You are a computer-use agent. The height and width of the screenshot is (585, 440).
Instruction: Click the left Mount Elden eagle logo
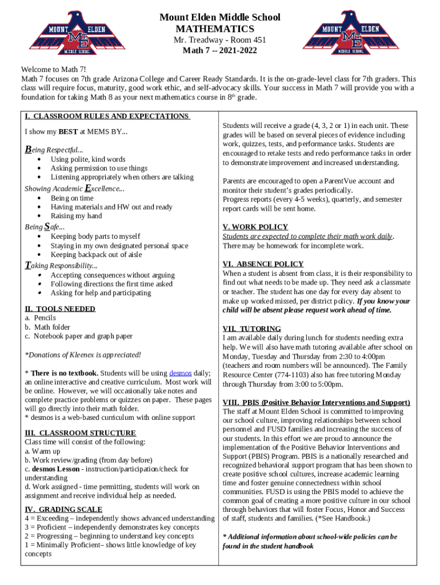tap(70, 32)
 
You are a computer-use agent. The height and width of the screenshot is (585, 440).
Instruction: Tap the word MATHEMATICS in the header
tap(215, 29)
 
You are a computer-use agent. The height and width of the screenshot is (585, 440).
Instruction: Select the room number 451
tap(257, 40)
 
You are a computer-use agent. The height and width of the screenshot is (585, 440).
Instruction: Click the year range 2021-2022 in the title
tap(235, 51)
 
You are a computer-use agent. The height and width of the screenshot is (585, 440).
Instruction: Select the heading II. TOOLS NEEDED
tap(60, 309)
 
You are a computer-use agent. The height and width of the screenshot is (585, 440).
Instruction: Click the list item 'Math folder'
tap(52, 327)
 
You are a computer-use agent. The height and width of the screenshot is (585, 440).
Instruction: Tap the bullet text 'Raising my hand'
tap(76, 216)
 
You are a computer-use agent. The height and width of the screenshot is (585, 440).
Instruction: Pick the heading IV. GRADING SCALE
tap(63, 510)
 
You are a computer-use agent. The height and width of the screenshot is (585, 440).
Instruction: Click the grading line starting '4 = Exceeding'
tap(119, 518)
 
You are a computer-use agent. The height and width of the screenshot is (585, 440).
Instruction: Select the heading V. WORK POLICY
tap(255, 227)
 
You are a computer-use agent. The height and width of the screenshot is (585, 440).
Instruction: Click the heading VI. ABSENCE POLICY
tap(263, 264)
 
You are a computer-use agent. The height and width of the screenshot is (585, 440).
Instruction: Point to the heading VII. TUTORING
tap(251, 328)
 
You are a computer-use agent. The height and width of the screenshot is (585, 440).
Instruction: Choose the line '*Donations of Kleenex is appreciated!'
tap(83, 355)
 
